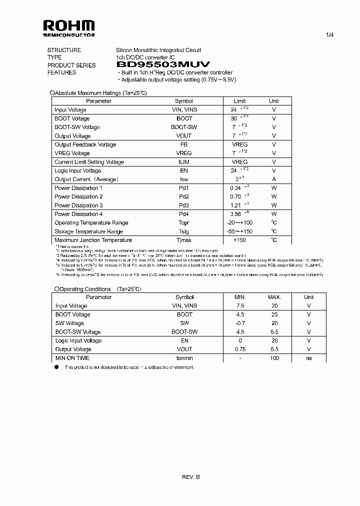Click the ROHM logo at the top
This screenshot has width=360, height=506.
[68, 27]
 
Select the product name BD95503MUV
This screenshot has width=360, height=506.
[163, 65]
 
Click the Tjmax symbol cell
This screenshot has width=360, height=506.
[184, 240]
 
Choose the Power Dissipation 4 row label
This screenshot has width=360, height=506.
[78, 214]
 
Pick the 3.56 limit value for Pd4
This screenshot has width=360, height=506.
[234, 214]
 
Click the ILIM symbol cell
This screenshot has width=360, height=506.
[184, 162]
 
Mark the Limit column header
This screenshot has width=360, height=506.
[240, 101]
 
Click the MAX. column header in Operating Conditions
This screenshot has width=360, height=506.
[274, 297]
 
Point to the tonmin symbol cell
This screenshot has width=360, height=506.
[184, 358]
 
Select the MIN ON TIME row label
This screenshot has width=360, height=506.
[72, 358]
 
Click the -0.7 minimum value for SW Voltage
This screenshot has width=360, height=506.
[240, 323]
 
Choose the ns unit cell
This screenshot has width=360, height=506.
[308, 358]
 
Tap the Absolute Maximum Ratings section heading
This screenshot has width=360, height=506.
[100, 93]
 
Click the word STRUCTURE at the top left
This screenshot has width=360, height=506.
[64, 50]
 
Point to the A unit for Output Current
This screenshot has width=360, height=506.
[274, 179]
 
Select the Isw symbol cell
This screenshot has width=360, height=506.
[184, 179]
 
